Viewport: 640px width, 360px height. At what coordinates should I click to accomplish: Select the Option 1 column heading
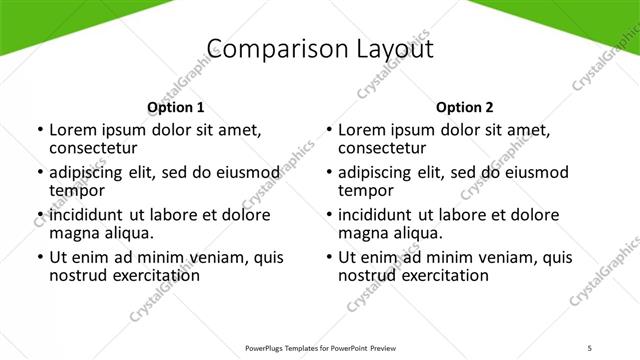176,107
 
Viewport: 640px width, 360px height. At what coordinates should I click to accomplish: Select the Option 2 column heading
465,107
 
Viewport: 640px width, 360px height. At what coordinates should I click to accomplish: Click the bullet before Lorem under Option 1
40,130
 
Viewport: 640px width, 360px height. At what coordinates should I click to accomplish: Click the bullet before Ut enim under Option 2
329,257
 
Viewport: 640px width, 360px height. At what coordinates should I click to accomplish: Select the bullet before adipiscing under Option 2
329,173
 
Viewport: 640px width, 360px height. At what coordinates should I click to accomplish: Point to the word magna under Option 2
362,233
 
